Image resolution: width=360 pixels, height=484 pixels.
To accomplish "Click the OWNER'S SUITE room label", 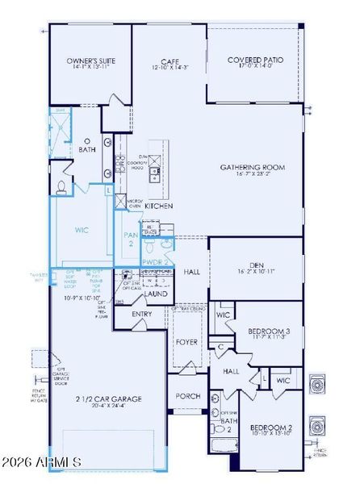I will pos(90,60).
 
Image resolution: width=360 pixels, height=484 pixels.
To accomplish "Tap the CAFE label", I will pos(168,60).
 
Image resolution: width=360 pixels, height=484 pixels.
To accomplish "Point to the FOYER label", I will pos(187,342).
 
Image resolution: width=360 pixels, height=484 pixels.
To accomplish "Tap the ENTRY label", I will pos(142,315).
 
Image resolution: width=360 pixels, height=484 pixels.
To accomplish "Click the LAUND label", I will pos(156,294).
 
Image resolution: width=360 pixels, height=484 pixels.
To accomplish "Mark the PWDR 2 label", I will pos(156,262).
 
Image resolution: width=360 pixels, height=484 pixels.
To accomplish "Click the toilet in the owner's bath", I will pos(62,188).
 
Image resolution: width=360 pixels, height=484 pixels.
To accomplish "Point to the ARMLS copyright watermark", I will pos(53,462).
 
